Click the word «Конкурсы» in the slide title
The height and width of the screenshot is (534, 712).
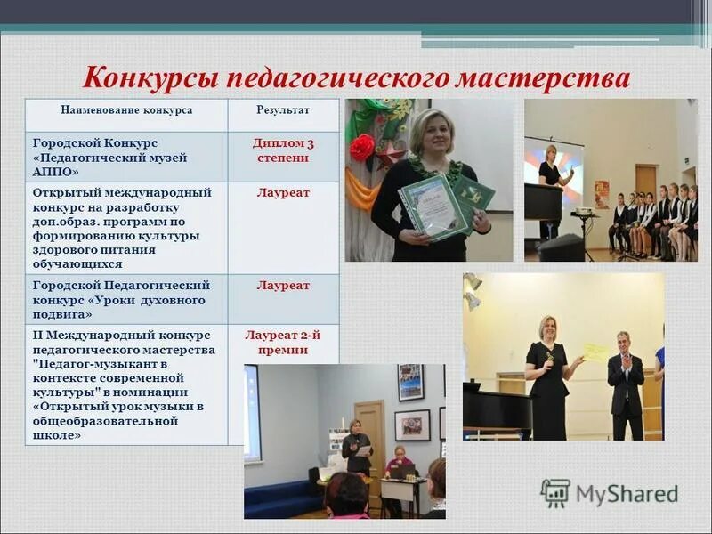point(150,77)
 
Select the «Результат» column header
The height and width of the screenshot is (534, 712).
point(283,110)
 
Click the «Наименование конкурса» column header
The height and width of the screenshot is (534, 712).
point(126,110)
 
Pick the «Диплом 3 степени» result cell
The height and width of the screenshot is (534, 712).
point(283,150)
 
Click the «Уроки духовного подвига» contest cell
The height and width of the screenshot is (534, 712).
point(121,300)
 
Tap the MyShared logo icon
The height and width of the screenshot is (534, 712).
point(555,493)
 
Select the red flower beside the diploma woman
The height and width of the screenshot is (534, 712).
point(361,147)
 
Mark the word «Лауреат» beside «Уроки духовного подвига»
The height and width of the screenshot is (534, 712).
point(283,286)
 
